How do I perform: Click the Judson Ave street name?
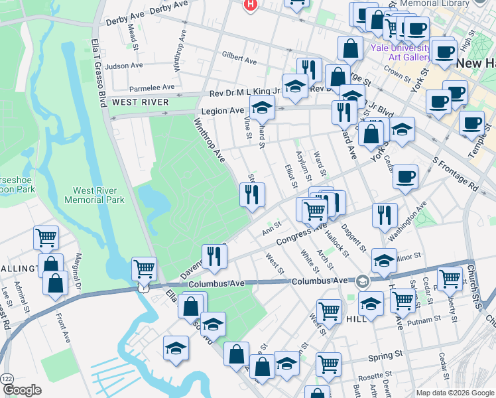click(x=125, y=66)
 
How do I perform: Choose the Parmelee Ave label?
click(x=152, y=87)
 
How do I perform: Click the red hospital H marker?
click(x=250, y=5)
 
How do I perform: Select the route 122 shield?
click(x=7, y=377)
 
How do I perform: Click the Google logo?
click(x=22, y=389)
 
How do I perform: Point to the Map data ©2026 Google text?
click(x=454, y=392)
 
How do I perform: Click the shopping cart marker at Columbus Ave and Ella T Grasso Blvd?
click(x=144, y=269)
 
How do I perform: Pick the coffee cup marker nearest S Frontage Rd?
click(x=405, y=177)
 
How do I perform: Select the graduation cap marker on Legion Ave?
click(x=263, y=107)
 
